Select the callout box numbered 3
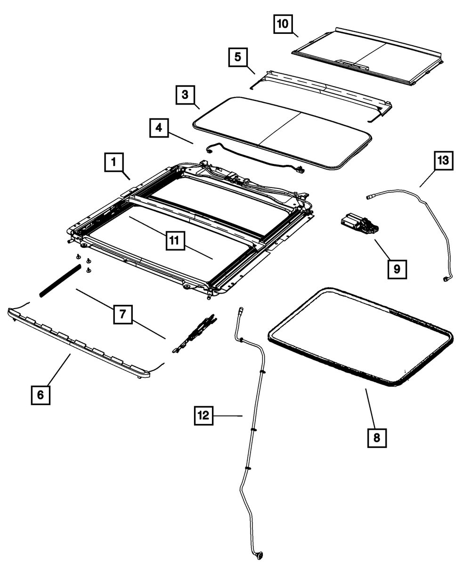[185, 95]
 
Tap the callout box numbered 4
[159, 128]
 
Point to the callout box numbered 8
[377, 438]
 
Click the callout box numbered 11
[174, 241]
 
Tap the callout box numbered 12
[203, 416]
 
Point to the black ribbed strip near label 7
[59, 281]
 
